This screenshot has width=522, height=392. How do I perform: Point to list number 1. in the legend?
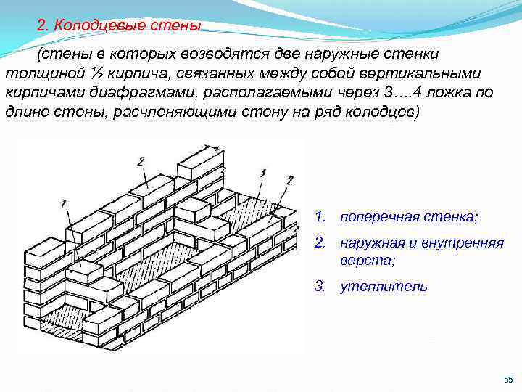pyautogui.click(x=319, y=217)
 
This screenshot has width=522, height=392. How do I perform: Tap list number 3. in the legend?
pyautogui.click(x=320, y=286)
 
